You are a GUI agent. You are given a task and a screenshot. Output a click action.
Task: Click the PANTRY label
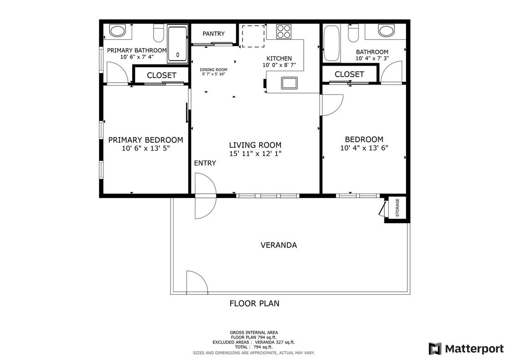pyautogui.click(x=213, y=34)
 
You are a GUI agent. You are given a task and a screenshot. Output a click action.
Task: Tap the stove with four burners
pyautogui.click(x=284, y=31)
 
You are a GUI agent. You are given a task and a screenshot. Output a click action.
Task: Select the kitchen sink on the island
pyautogui.click(x=289, y=83)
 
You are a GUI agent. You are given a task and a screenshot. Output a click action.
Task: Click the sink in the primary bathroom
pyautogui.click(x=117, y=31)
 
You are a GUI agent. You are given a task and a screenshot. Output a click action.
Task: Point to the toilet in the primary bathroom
pyautogui.click(x=159, y=33)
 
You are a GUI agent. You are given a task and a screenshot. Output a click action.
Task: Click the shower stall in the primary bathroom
pyautogui.click(x=177, y=44)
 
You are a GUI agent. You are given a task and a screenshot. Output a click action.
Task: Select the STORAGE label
pyautogui.click(x=397, y=208)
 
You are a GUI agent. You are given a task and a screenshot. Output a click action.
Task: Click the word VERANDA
pyautogui.click(x=278, y=245)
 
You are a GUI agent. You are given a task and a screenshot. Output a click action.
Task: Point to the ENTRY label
pyautogui.click(x=205, y=163)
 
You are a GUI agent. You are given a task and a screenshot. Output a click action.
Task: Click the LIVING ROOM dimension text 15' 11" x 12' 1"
pyautogui.click(x=255, y=154)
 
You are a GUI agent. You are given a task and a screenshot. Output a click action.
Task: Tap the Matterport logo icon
pyautogui.click(x=435, y=349)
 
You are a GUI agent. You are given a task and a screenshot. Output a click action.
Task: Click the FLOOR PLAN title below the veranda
pyautogui.click(x=254, y=303)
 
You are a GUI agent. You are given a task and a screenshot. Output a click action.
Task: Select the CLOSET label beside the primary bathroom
pyautogui.click(x=162, y=75)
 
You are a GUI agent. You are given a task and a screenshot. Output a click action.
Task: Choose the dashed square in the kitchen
pyautogui.click(x=253, y=36)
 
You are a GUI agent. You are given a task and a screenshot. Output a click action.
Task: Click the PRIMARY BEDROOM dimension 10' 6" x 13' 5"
pyautogui.click(x=146, y=148)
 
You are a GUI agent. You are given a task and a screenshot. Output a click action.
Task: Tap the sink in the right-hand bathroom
pyautogui.click(x=386, y=31)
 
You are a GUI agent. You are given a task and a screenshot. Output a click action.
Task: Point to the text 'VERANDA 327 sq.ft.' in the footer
pyautogui.click(x=274, y=342)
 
